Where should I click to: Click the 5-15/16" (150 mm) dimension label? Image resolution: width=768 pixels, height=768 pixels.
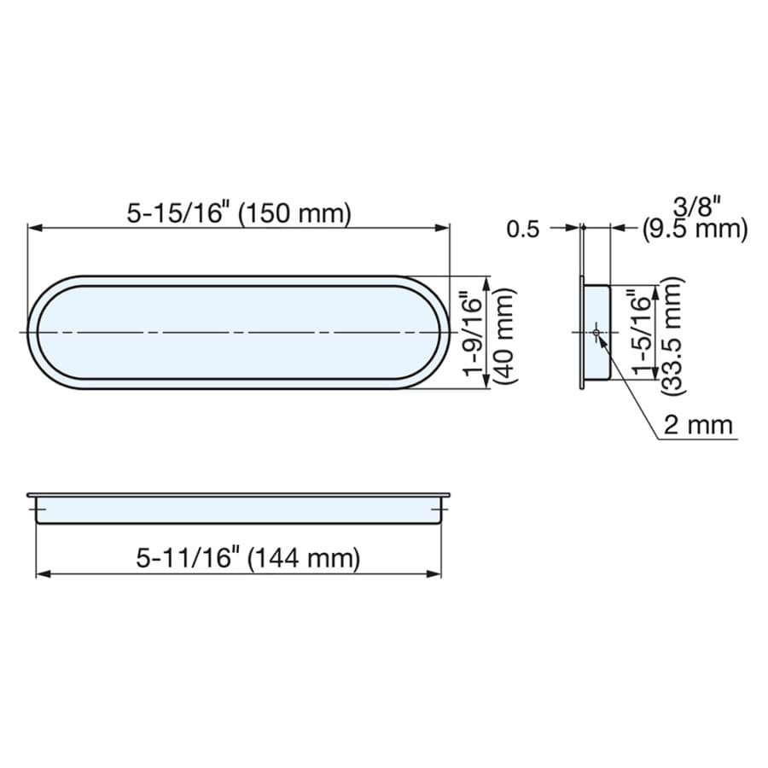pos(239,213)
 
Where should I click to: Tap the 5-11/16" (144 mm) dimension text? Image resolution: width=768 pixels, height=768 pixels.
pos(248,558)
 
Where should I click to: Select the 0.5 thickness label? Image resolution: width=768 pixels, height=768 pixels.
pos(522,230)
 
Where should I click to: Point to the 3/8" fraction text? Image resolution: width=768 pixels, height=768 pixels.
pos(697,207)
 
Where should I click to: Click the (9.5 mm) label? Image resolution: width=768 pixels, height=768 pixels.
pos(695,230)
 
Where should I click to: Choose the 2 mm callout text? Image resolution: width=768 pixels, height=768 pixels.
pos(698,425)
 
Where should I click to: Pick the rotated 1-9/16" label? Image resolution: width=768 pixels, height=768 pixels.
pos(473,334)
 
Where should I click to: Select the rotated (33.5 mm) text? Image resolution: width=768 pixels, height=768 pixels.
pos(672,336)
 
